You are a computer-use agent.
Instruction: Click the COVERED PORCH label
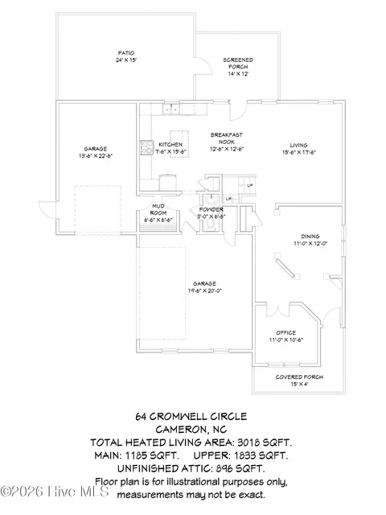tap(299, 377)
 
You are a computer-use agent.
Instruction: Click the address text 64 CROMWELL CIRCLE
tap(192, 417)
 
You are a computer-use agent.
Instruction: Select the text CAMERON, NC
tap(192, 430)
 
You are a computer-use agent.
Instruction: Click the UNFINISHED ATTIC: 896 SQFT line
tap(192, 468)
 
